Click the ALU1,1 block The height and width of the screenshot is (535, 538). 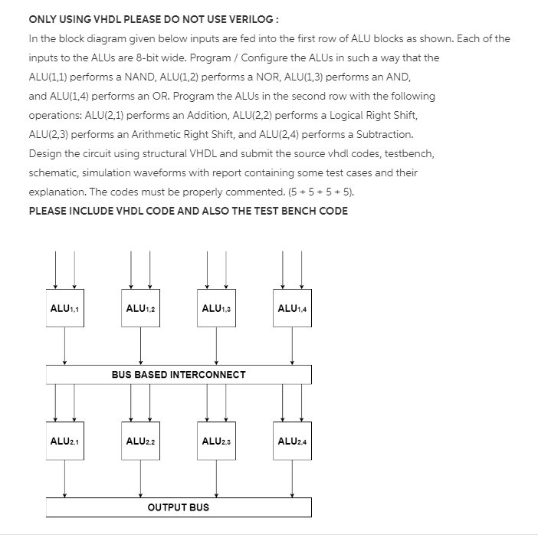(65, 309)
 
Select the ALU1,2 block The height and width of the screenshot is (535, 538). (140, 309)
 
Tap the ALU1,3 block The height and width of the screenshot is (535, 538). (216, 309)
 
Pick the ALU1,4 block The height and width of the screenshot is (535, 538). (292, 309)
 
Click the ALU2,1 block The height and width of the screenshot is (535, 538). (65, 441)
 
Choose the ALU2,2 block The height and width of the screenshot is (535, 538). (140, 441)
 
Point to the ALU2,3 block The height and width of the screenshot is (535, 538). (216, 441)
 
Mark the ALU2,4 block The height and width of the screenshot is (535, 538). (292, 441)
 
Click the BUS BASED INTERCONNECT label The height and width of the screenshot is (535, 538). (179, 375)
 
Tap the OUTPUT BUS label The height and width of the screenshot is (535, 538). (179, 507)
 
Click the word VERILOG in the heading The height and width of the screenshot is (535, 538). (228, 19)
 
